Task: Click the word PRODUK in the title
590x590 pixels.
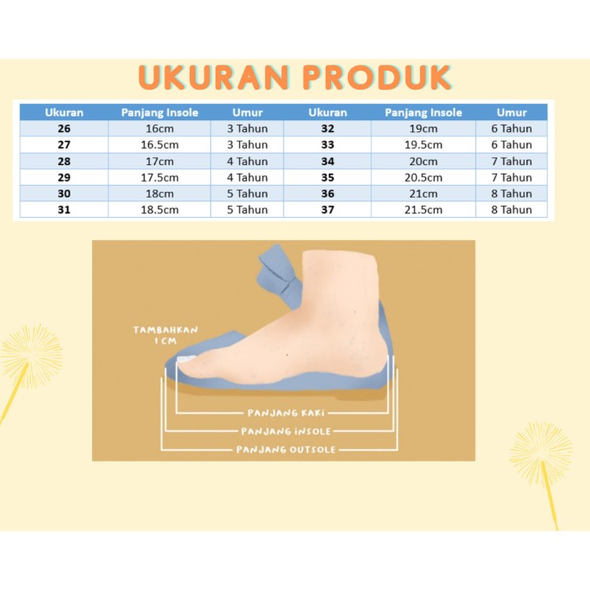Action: pyautogui.click(x=377, y=78)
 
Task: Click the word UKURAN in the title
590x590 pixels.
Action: pyautogui.click(x=214, y=78)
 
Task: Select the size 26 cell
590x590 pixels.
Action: pyautogui.click(x=64, y=128)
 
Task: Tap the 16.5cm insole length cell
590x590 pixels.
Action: pyautogui.click(x=160, y=145)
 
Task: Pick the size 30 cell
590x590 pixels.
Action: pyautogui.click(x=64, y=194)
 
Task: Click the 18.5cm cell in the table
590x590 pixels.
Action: pyautogui.click(x=160, y=209)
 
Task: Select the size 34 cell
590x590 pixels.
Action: pyautogui.click(x=328, y=161)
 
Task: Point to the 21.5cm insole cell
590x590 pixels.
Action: pyautogui.click(x=423, y=209)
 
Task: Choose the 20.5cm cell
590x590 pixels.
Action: pyautogui.click(x=423, y=177)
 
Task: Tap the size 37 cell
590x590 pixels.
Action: pyautogui.click(x=328, y=209)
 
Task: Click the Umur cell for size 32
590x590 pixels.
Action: pyautogui.click(x=511, y=128)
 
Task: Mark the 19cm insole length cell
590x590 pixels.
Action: pyautogui.click(x=423, y=128)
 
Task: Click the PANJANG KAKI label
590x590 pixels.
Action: pyautogui.click(x=286, y=413)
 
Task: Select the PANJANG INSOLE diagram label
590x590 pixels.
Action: pyautogui.click(x=286, y=431)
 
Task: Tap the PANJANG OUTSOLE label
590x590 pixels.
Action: pyautogui.click(x=286, y=449)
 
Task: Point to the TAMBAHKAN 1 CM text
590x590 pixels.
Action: pyautogui.click(x=165, y=335)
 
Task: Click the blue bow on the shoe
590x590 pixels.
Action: pyautogui.click(x=278, y=274)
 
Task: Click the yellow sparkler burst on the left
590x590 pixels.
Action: pyautogui.click(x=30, y=356)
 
